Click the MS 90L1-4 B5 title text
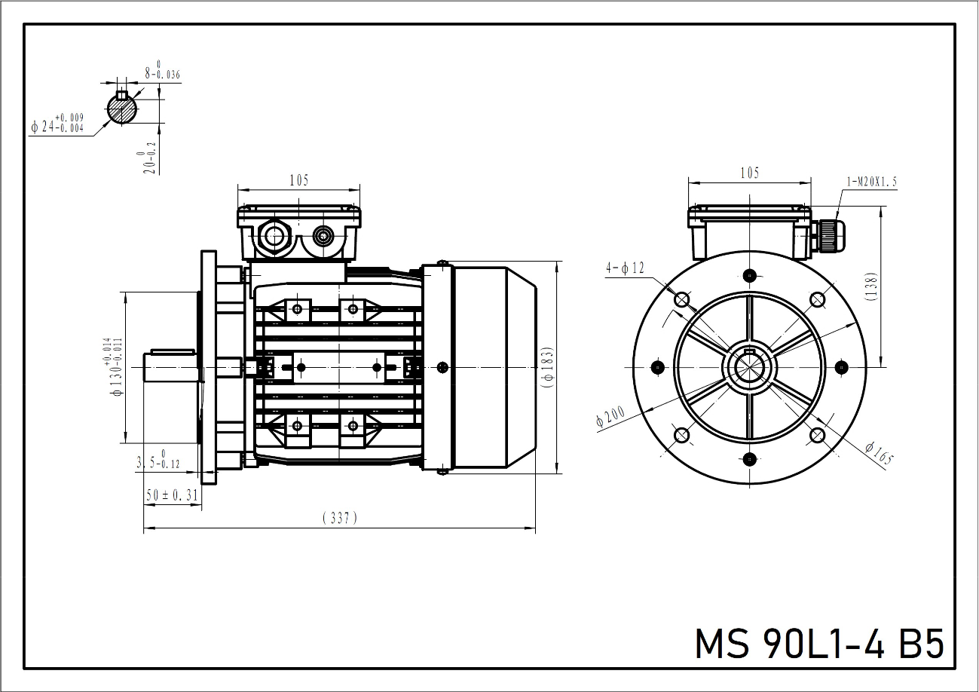point(819,644)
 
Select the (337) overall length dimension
point(340,518)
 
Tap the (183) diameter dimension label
point(548,368)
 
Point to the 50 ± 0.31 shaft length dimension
point(172,495)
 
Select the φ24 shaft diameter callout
point(57,124)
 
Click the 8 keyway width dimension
point(163,71)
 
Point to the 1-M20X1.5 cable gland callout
point(872,182)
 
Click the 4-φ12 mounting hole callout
point(626,268)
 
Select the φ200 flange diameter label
point(611,416)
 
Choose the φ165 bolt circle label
point(879,453)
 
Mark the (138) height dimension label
point(871,286)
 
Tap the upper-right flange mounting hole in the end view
point(817,300)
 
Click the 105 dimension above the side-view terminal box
point(299,180)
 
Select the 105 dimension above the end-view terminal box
point(750,173)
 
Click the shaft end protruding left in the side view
point(171,367)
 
